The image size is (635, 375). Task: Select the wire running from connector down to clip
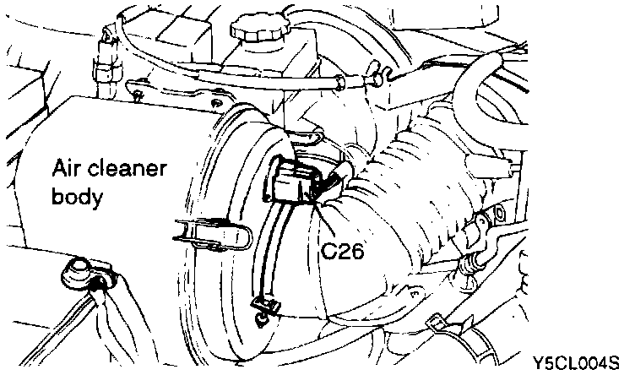269,253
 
